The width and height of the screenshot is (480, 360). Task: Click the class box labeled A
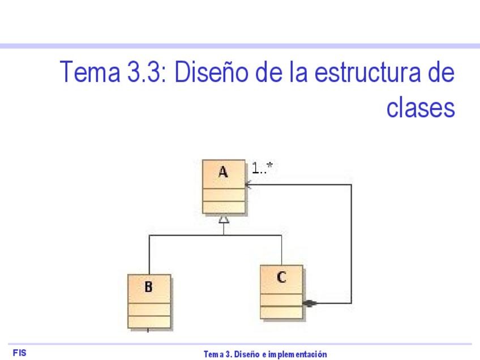coord(224,187)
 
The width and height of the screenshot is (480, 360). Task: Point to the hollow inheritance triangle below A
coord(224,220)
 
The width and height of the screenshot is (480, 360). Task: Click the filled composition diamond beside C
coord(310,303)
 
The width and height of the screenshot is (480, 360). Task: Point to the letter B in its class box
coord(148,287)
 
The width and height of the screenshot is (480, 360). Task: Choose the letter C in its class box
coord(281,277)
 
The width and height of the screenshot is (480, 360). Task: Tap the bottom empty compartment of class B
coord(148,321)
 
